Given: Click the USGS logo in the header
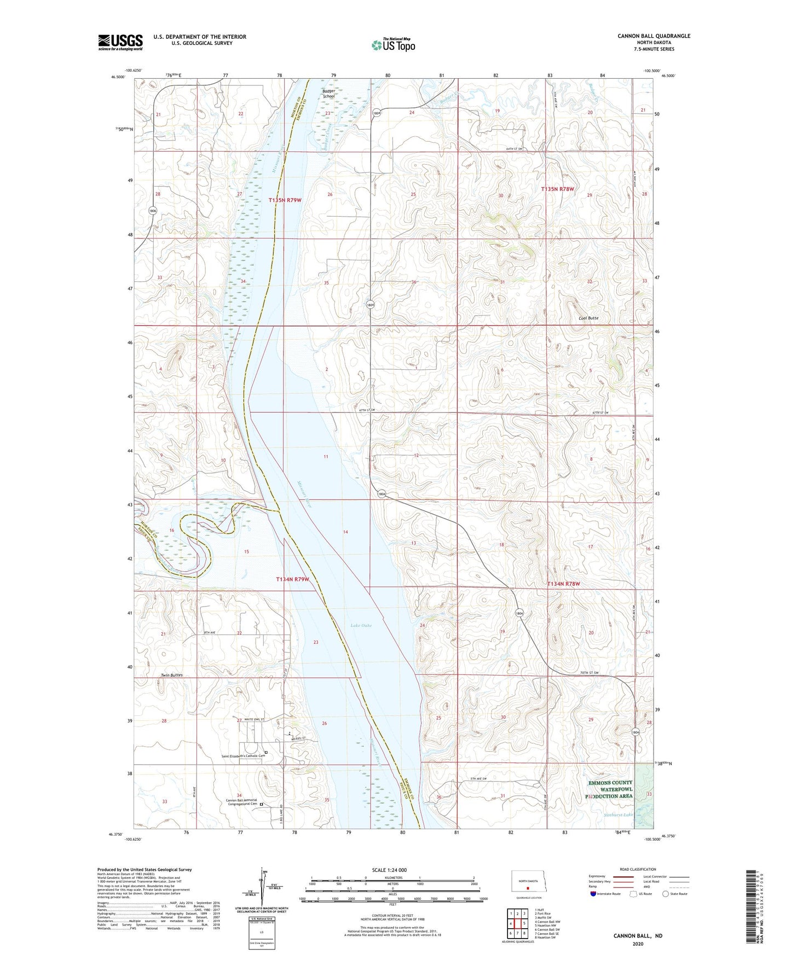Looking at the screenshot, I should click(120, 42).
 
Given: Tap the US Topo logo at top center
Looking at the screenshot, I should click(393, 45).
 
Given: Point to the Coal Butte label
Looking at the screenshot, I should click(588, 318).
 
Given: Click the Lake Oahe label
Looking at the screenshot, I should click(361, 625).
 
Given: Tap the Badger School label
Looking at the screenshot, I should click(328, 94).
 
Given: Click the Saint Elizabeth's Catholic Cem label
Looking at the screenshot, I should click(241, 757).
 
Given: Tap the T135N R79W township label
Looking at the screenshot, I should click(285, 200).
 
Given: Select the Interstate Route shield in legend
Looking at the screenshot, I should click(593, 894).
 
